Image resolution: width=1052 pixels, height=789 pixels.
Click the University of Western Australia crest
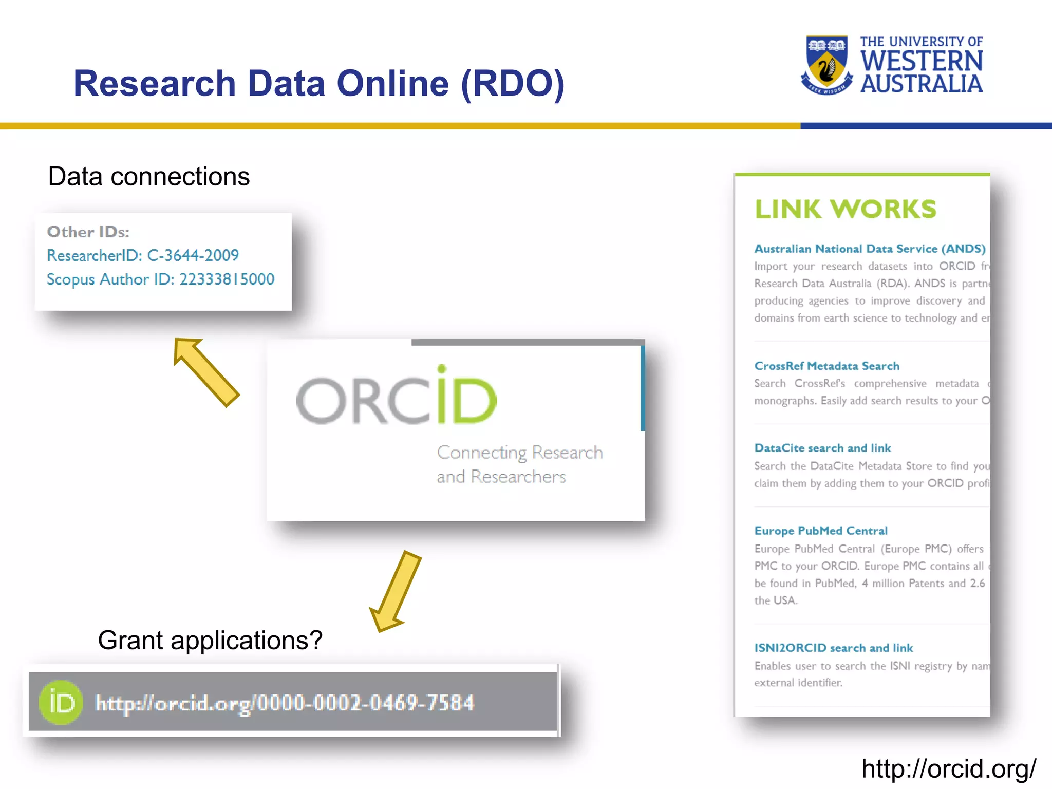pyautogui.click(x=826, y=65)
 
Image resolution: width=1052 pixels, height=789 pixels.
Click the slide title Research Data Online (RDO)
pyautogui.click(x=318, y=83)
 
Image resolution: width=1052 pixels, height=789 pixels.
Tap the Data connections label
pyautogui.click(x=148, y=177)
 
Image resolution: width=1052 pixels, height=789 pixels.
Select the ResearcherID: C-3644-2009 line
pyautogui.click(x=143, y=255)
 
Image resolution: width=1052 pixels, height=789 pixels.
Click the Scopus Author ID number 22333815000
pyautogui.click(x=227, y=279)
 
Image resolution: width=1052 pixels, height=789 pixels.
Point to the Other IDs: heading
pyautogui.click(x=88, y=232)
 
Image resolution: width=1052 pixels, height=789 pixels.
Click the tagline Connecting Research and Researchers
pyautogui.click(x=519, y=464)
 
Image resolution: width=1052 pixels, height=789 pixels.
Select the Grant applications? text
pyautogui.click(x=210, y=641)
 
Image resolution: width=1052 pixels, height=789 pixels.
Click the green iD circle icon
pyautogui.click(x=61, y=702)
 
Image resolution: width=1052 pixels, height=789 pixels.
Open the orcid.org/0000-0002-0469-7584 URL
pyautogui.click(x=285, y=703)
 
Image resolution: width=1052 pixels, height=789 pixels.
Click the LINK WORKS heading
pyautogui.click(x=845, y=209)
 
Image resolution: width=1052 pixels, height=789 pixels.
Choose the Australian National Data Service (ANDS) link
pyautogui.click(x=869, y=249)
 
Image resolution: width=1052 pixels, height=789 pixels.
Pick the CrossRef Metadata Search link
pyautogui.click(x=826, y=366)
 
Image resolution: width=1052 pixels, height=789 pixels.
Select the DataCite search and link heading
pyautogui.click(x=822, y=448)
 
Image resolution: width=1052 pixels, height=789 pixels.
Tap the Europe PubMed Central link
pyautogui.click(x=820, y=531)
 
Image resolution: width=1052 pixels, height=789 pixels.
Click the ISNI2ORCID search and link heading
pyautogui.click(x=833, y=648)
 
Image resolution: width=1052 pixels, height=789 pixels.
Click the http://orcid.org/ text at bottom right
pyautogui.click(x=948, y=769)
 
